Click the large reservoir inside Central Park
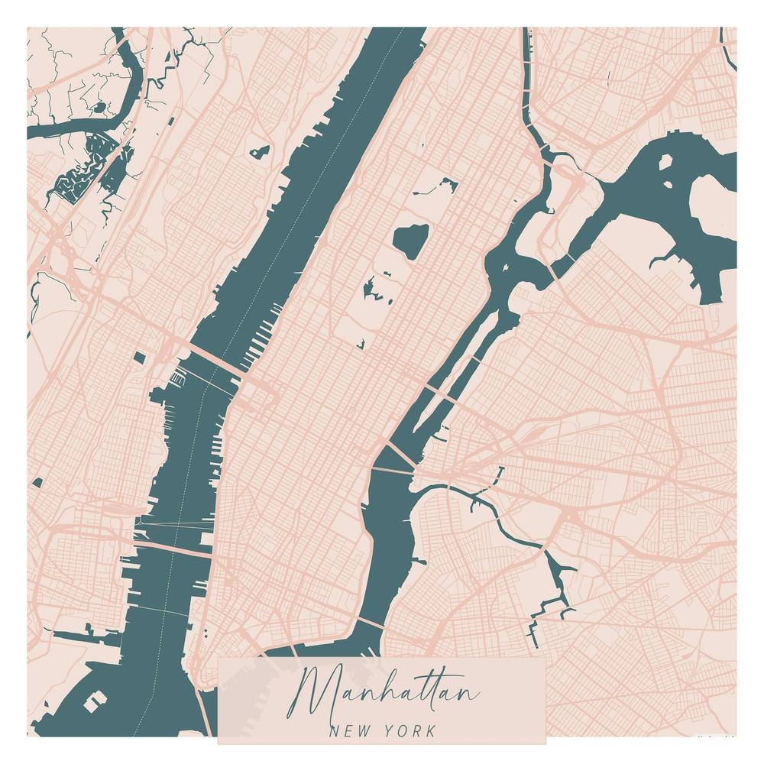click(410, 240)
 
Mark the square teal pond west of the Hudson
click(138, 357)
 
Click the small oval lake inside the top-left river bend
click(99, 107)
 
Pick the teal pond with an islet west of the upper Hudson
click(261, 151)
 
